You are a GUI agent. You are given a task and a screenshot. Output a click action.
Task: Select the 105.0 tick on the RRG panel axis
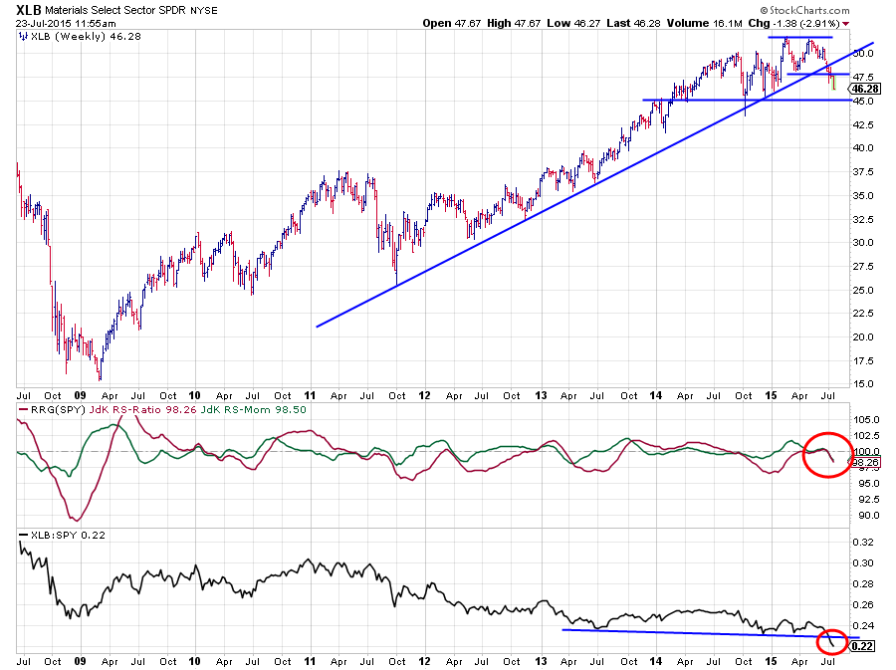pos(865,420)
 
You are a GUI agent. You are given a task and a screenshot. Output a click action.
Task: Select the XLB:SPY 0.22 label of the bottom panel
pos(57,536)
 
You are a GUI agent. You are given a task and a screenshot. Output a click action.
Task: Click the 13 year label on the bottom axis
pos(542,660)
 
